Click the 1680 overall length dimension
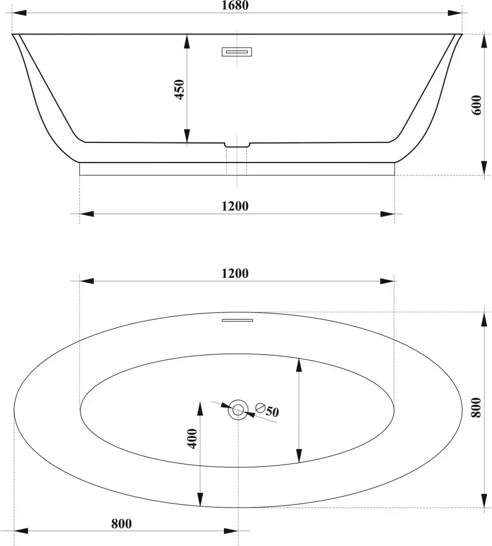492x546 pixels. (235, 5)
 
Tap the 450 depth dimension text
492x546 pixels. (179, 90)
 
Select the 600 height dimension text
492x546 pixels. (476, 105)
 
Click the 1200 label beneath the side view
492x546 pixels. (235, 206)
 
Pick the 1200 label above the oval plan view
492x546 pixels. (235, 273)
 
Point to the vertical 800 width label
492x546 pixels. (475, 408)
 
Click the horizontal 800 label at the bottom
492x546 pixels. (122, 524)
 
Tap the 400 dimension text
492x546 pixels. (192, 439)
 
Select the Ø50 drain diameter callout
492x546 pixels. (267, 410)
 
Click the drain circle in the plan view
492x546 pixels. (238, 410)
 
